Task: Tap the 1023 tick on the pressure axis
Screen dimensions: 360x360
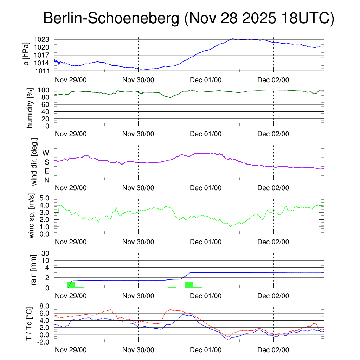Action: click(44, 39)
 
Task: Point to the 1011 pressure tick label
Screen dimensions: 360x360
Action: click(44, 71)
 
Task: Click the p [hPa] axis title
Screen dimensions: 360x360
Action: click(26, 54)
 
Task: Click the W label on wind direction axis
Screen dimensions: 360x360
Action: click(46, 153)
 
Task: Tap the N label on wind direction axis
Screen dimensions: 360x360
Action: click(46, 180)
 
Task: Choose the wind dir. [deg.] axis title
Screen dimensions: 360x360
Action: click(34, 162)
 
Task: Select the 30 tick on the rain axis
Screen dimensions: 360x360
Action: click(45, 253)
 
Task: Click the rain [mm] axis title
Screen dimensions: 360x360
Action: click(34, 270)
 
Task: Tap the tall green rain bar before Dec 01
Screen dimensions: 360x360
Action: click(189, 285)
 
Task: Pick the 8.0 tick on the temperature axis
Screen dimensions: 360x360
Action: click(44, 306)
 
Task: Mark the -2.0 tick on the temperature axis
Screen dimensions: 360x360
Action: click(43, 342)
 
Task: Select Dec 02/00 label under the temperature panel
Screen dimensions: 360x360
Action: click(273, 350)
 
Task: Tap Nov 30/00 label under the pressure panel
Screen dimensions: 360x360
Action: click(138, 79)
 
